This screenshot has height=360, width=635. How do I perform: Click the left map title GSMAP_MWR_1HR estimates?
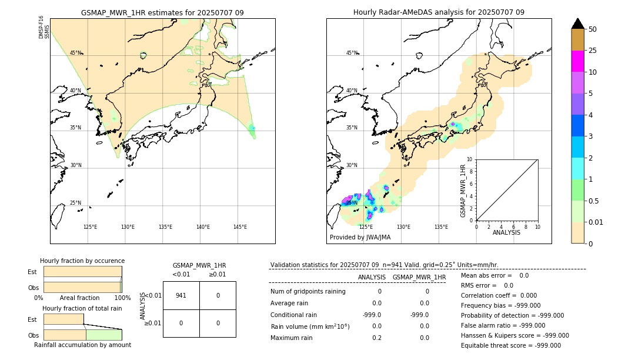pyautogui.click(x=162, y=12)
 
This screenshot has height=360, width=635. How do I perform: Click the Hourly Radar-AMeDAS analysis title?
pyautogui.click(x=439, y=12)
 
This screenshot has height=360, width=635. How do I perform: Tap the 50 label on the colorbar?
pyautogui.click(x=593, y=29)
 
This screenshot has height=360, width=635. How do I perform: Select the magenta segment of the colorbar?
pyautogui.click(x=578, y=61)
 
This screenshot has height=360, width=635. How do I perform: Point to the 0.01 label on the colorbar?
pyautogui.click(x=596, y=222)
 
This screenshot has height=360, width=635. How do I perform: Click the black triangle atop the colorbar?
pyautogui.click(x=578, y=24)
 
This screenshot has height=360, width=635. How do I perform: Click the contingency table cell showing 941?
pyautogui.click(x=181, y=295)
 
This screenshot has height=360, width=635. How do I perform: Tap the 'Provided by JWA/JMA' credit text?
pyautogui.click(x=360, y=238)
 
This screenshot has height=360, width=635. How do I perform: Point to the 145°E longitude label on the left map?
pyautogui.click(x=240, y=227)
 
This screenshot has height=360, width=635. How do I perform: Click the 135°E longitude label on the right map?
pyautogui.click(x=441, y=227)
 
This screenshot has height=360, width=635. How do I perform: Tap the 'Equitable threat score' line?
pyautogui.click(x=510, y=345)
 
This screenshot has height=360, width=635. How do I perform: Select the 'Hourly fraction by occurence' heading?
pyautogui.click(x=82, y=261)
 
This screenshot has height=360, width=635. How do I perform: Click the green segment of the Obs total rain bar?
pyautogui.click(x=103, y=335)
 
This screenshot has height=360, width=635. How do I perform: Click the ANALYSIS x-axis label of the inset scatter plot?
pyautogui.click(x=507, y=232)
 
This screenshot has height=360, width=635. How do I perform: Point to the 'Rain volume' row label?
pyautogui.click(x=310, y=326)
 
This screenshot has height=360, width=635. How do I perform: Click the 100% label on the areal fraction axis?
pyautogui.click(x=122, y=298)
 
